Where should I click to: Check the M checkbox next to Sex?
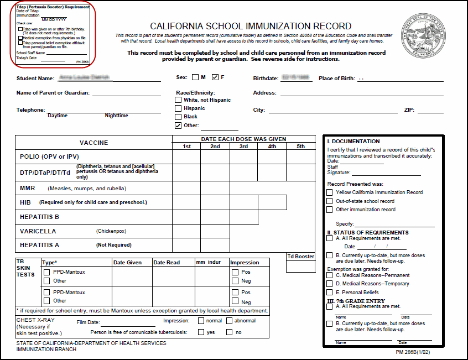pyautogui.click(x=196, y=77)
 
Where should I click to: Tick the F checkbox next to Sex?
pyautogui.click(x=216, y=77)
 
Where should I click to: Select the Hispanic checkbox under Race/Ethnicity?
pyautogui.click(x=178, y=108)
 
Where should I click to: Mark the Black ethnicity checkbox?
pyautogui.click(x=178, y=117)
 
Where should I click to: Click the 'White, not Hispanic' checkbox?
pyautogui.click(x=178, y=100)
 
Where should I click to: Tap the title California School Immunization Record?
pyautogui.click(x=251, y=26)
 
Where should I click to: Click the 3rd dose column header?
pyautogui.click(x=243, y=147)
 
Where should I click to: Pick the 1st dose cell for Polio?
pyautogui.click(x=186, y=156)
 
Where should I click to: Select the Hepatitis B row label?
pyautogui.click(x=39, y=217)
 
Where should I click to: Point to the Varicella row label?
pyautogui.click(x=38, y=231)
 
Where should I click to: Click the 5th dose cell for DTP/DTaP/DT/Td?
pyautogui.click(x=300, y=173)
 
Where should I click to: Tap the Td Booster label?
pyautogui.click(x=300, y=257)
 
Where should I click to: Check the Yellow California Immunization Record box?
pyautogui.click(x=330, y=192)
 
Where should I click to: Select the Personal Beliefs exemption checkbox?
pyautogui.click(x=330, y=292)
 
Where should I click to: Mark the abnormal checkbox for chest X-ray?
pyautogui.click(x=229, y=321)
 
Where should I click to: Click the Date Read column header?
pyautogui.click(x=167, y=263)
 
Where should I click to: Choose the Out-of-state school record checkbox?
pyautogui.click(x=330, y=201)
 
